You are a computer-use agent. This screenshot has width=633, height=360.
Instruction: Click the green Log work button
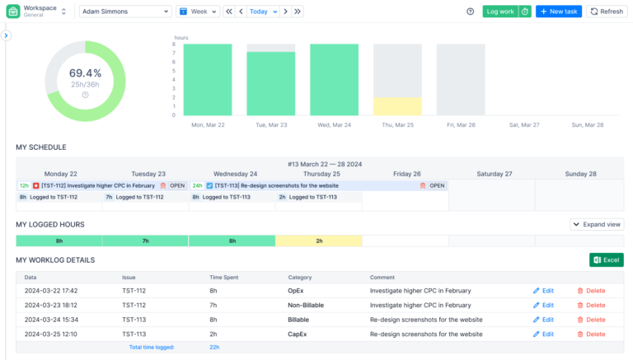pos(499,12)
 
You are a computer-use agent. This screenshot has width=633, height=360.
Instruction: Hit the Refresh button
pos(607,12)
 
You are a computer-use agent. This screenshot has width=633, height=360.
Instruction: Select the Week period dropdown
pos(198,12)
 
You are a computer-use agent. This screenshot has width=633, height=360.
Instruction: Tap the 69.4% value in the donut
pos(85,73)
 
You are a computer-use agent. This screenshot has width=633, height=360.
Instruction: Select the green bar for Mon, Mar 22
pos(207,79)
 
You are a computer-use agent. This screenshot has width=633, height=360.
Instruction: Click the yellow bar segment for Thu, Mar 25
pos(397,106)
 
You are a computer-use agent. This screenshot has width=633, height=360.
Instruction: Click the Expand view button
pos(597,224)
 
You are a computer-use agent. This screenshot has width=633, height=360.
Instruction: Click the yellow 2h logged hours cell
pos(318,241)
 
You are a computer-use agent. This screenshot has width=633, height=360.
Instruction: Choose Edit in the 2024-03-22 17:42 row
pos(543,291)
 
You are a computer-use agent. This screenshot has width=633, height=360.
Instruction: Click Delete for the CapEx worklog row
pos(591,334)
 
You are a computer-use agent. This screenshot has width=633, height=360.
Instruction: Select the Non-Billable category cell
pos(306,305)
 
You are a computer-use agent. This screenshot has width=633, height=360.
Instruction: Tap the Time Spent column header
pos(226,278)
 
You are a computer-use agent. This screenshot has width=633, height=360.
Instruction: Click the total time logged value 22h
pos(214,348)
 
